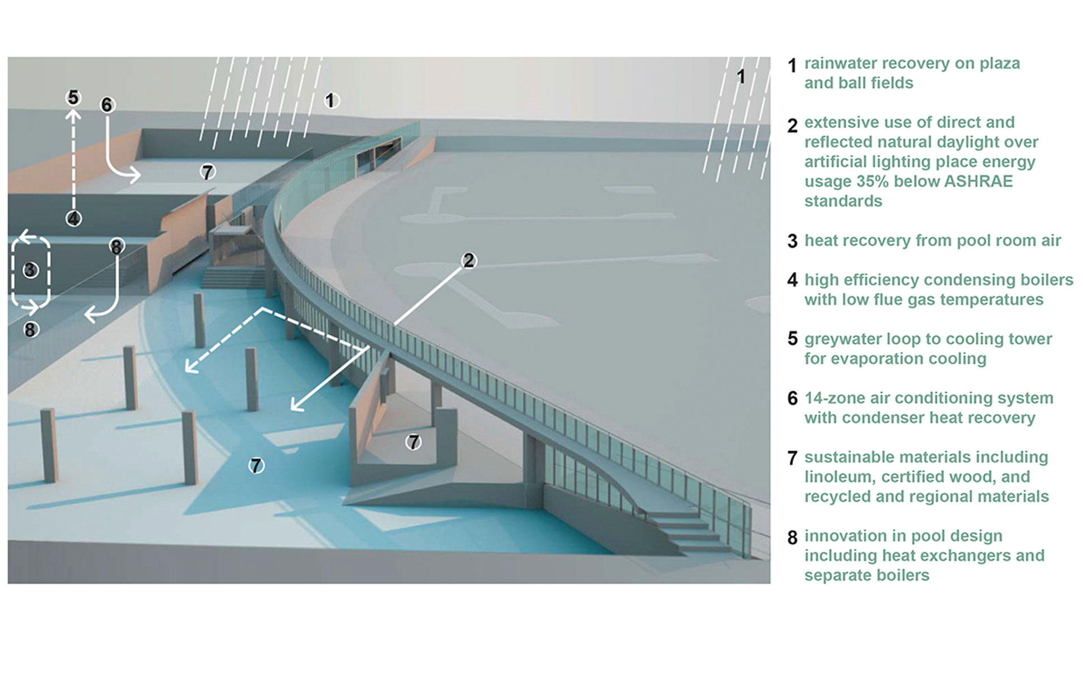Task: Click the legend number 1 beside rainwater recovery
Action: [x=792, y=65]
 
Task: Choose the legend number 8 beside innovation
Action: [x=793, y=538]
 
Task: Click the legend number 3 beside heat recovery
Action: [x=793, y=241]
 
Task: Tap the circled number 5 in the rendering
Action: [x=73, y=98]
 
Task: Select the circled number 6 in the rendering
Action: [x=107, y=105]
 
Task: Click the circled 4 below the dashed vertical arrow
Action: [x=73, y=219]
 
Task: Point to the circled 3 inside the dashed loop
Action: [x=30, y=270]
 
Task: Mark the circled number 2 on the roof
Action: [x=469, y=260]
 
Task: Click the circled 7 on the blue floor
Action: [x=257, y=465]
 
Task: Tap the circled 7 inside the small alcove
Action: [x=414, y=442]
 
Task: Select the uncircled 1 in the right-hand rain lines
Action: [x=741, y=76]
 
